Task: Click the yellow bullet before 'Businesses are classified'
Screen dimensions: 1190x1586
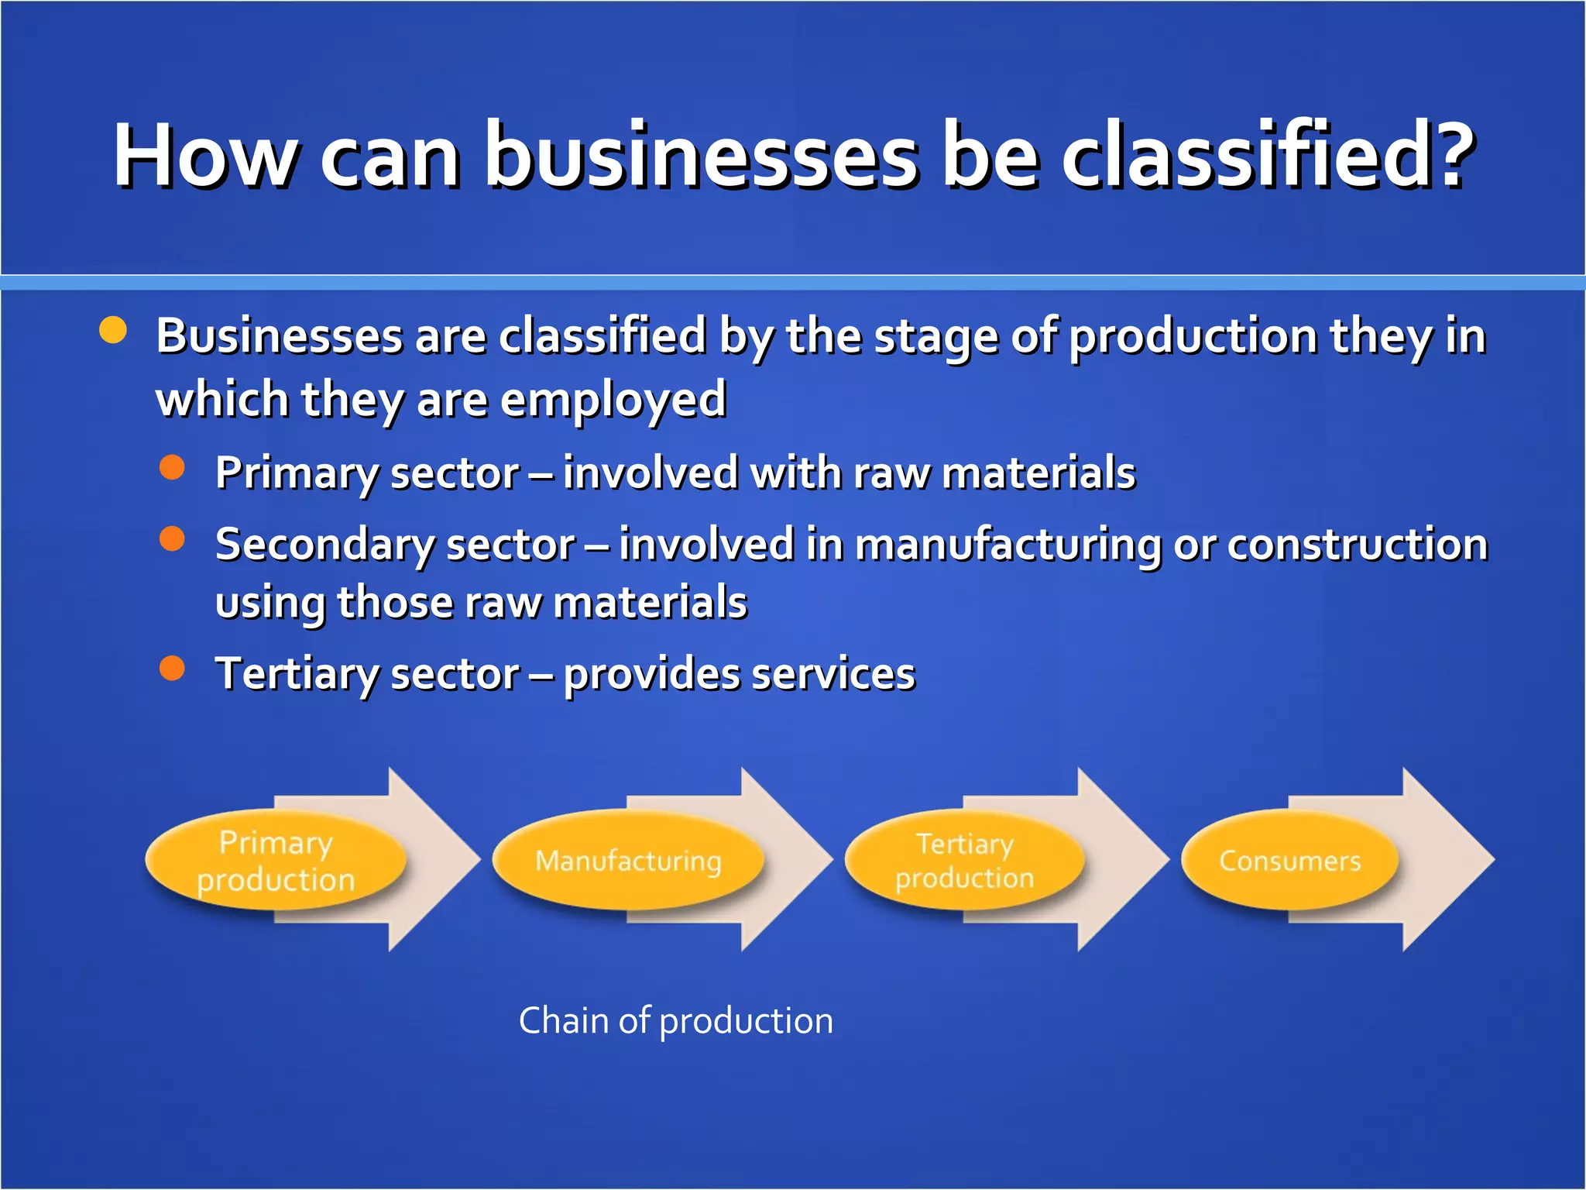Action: [113, 330]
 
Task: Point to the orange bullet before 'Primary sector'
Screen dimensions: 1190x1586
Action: [172, 467]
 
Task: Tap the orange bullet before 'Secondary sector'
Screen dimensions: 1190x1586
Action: [172, 538]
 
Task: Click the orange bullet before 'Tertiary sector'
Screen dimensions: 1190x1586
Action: [172, 668]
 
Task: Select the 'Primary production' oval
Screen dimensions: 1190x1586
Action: [275, 861]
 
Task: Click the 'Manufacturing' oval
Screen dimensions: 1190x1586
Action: [627, 861]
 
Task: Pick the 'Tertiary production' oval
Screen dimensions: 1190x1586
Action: [964, 861]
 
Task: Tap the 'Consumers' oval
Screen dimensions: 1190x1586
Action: [1289, 861]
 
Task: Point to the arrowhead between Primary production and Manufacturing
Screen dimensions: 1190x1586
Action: [434, 860]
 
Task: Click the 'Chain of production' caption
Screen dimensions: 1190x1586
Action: [675, 1021]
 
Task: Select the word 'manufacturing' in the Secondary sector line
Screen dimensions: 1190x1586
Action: [1008, 545]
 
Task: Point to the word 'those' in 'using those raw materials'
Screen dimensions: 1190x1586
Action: [395, 603]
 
